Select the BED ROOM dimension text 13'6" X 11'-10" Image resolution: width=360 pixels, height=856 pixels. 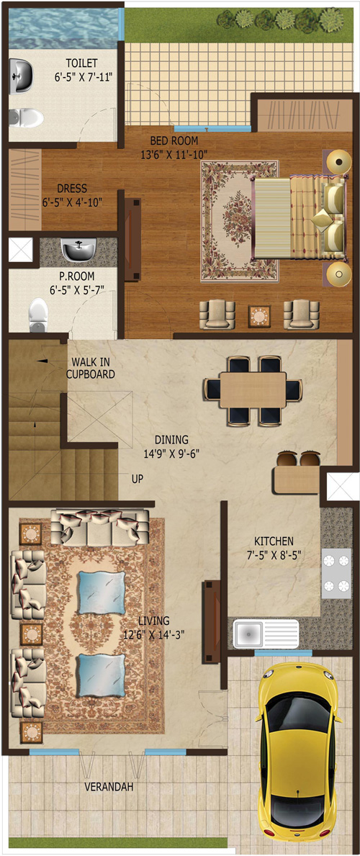click(174, 155)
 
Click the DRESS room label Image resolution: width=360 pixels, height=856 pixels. click(71, 189)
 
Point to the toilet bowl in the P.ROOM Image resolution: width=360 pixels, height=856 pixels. click(38, 315)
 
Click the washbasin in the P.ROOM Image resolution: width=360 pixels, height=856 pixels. click(79, 250)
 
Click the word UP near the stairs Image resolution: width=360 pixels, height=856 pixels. click(138, 479)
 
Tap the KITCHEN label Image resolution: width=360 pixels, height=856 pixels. click(274, 541)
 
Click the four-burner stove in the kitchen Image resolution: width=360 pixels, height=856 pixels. click(336, 573)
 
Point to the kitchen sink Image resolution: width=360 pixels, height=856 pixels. click(266, 634)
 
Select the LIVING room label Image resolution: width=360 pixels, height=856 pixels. click(153, 621)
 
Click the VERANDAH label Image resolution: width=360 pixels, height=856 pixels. click(109, 787)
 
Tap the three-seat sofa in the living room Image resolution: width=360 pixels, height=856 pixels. click(100, 526)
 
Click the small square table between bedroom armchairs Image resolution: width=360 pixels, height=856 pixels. click(259, 315)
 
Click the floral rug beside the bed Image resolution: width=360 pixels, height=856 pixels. click(239, 220)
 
